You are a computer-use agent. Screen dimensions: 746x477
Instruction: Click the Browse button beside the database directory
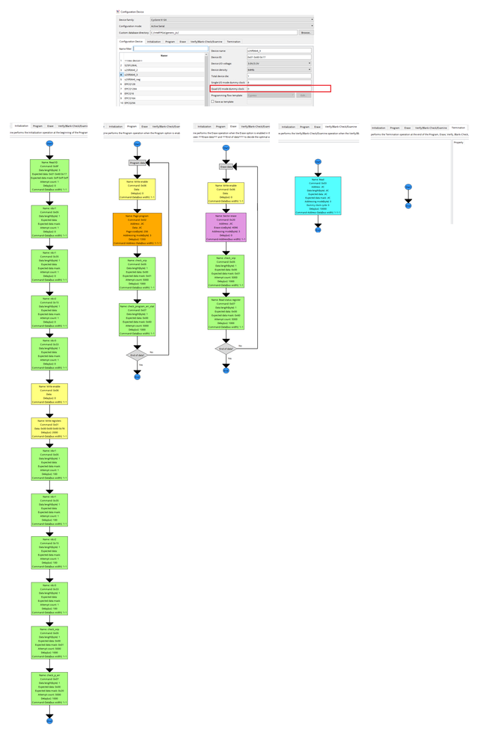click(305, 33)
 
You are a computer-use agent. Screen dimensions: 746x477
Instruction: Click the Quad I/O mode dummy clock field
click(278, 89)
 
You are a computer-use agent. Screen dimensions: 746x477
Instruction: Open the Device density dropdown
click(278, 69)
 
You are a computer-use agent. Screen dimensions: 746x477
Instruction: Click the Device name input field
click(278, 50)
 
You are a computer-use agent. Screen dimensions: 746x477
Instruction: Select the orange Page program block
click(137, 229)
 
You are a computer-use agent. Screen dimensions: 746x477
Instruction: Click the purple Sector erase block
click(226, 227)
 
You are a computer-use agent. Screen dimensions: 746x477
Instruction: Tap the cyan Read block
click(318, 196)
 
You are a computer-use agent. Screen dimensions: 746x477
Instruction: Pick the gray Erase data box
click(226, 167)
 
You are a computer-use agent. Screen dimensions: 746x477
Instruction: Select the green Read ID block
click(49, 176)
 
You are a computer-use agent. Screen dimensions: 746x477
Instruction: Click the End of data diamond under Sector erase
click(226, 349)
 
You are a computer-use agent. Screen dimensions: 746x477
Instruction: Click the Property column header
click(458, 142)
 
